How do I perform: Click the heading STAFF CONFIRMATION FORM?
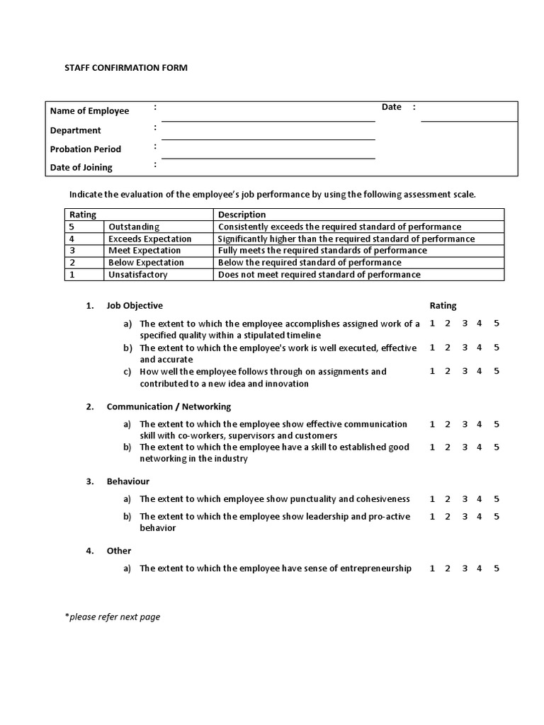126,68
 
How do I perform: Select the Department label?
76,130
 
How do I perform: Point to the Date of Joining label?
81,168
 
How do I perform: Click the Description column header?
242,215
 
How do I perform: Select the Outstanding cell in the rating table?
134,227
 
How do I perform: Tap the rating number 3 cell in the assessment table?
72,251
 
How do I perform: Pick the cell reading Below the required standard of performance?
310,263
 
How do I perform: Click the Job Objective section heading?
135,306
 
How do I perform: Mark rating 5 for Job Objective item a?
497,324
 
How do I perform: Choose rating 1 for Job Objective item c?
432,371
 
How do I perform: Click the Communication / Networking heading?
169,407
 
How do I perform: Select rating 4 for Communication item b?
480,447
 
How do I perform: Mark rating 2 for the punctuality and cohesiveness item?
448,499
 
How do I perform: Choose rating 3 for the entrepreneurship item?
465,569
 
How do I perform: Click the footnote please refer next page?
113,617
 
